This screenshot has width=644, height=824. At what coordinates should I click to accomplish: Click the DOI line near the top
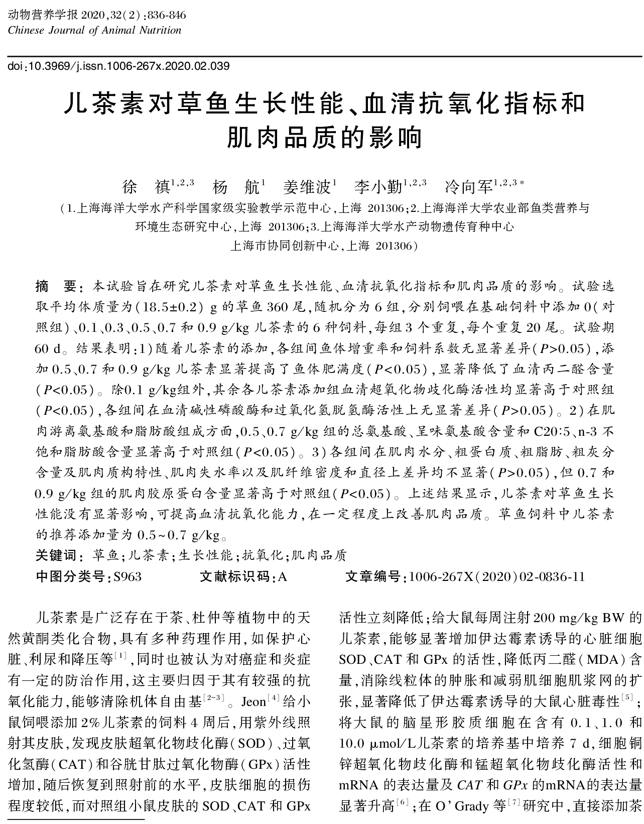119,66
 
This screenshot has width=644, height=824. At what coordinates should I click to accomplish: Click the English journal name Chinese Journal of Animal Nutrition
95,30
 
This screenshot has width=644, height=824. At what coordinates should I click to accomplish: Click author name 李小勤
377,187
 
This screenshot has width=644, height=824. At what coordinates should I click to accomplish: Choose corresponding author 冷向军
468,187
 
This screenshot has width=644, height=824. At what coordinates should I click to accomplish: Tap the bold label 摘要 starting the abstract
55,287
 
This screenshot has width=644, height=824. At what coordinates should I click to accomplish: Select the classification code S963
127,576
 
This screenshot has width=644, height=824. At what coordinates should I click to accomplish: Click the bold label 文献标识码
235,576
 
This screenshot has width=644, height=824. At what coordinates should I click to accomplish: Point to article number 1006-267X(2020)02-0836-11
496,576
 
